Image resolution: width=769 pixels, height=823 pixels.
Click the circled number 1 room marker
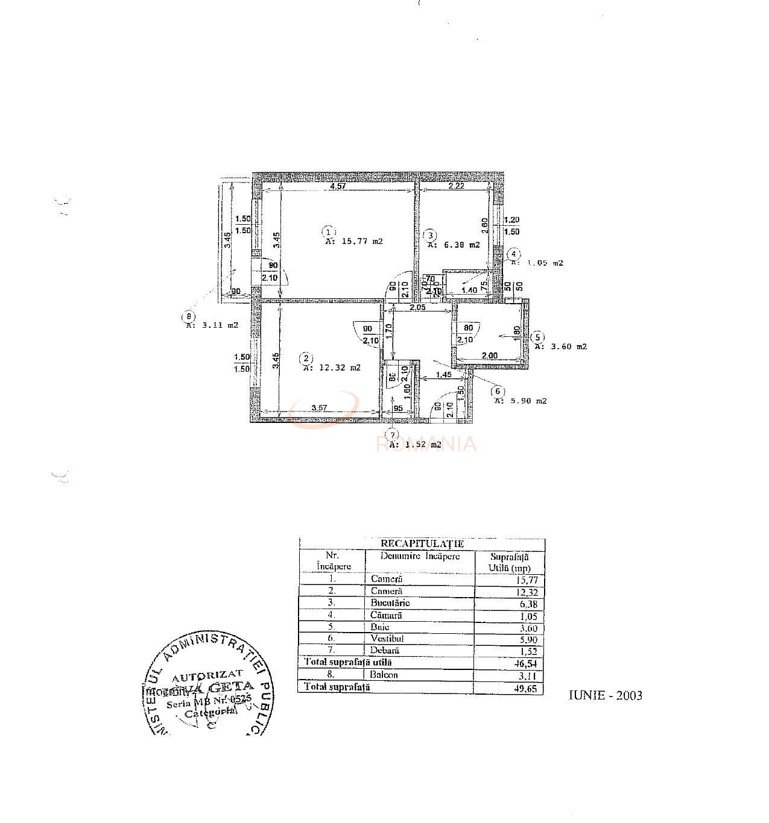coord(328,232)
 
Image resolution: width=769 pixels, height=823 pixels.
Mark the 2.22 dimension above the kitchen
coord(456,186)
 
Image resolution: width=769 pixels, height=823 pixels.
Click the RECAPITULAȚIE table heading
coord(422,543)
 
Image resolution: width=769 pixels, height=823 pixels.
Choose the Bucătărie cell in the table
coord(390,602)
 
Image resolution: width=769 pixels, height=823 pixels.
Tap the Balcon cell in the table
coord(384,675)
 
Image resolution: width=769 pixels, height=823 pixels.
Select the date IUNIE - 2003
coord(605,695)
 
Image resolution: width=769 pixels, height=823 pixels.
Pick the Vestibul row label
coord(387,639)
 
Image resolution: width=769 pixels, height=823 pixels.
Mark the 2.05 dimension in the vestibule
coord(417,307)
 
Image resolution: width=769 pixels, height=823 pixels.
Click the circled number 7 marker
coord(393,435)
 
